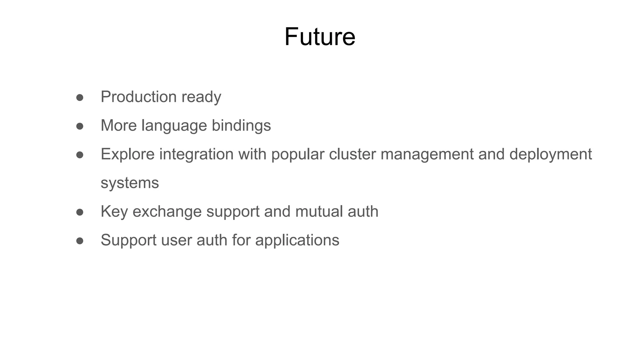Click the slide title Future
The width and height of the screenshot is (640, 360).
[x=320, y=37]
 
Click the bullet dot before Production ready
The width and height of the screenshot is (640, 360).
[x=80, y=97]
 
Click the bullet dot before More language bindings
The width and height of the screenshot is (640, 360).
[x=80, y=126]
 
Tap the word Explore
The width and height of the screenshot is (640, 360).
[x=127, y=154]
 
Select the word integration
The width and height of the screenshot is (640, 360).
[x=196, y=154]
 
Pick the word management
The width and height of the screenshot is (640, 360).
[x=427, y=154]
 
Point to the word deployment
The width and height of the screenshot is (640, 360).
[x=550, y=154]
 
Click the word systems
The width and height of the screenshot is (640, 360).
[x=130, y=183]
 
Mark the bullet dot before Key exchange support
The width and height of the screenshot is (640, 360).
[x=80, y=212]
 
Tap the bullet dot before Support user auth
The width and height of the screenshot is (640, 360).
[x=80, y=241]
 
